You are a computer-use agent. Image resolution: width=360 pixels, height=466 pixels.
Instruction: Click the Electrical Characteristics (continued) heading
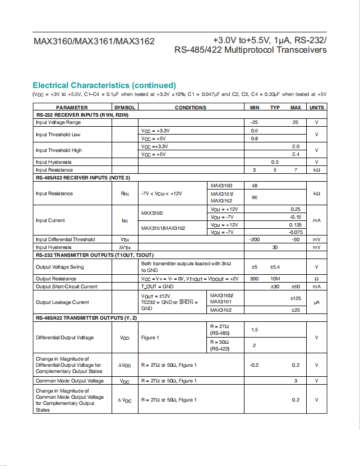104,85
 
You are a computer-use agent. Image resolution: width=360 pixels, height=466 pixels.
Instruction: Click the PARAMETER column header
72,107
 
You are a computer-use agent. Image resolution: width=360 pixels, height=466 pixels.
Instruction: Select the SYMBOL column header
125,107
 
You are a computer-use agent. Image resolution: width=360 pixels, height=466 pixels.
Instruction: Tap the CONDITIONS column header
191,107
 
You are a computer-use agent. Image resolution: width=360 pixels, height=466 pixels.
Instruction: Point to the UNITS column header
317,107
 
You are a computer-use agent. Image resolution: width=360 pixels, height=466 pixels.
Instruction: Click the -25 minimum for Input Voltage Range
255,122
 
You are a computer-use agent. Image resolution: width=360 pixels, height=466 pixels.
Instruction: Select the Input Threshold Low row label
58,135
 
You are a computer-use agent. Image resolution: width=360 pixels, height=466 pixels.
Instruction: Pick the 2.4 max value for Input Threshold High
296,154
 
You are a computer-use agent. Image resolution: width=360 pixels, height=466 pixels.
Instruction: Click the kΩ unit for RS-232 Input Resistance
317,170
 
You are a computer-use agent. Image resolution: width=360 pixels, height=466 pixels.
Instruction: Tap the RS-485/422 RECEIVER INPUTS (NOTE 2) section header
83,178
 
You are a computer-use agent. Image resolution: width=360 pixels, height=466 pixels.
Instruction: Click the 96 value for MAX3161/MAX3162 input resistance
255,197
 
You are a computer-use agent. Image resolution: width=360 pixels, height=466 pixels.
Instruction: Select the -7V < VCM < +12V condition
161,193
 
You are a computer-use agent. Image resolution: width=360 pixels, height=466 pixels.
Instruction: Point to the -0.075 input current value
296,232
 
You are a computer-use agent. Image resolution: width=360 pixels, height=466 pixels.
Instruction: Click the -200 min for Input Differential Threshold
255,239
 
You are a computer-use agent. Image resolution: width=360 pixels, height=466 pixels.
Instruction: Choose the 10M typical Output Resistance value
275,279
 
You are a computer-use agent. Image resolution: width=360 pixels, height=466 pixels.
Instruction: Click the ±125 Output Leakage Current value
296,298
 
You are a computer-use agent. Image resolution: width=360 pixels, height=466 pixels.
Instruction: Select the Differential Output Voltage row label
65,338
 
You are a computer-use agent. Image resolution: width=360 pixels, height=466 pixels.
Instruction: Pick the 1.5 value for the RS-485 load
255,330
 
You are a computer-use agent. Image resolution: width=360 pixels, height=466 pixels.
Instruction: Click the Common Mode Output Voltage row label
70,381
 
